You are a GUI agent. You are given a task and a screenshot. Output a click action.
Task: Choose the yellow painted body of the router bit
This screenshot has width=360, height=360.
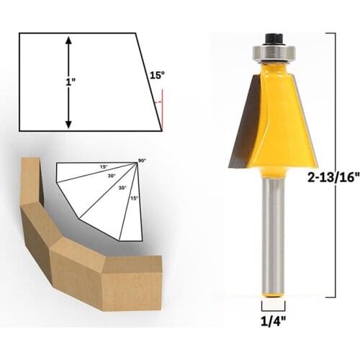point(277,115)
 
